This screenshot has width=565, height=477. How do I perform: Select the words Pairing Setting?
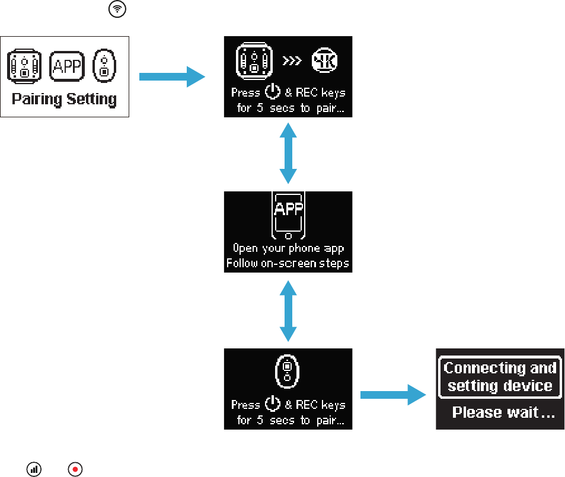(64, 98)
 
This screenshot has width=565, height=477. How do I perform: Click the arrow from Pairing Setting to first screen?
(171, 76)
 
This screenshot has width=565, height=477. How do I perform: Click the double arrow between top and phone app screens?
(288, 153)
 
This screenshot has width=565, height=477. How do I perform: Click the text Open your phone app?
(288, 248)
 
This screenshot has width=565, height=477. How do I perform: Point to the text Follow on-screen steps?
(288, 262)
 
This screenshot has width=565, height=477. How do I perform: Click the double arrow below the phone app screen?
(288, 310)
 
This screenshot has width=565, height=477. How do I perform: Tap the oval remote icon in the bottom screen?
(287, 374)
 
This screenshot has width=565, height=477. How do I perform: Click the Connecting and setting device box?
(500, 377)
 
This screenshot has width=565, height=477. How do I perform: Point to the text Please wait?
(503, 412)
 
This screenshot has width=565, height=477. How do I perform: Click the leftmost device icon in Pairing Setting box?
(24, 65)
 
